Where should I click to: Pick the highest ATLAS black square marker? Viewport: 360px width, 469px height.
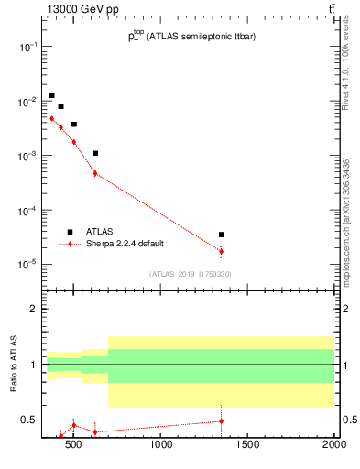click(52, 95)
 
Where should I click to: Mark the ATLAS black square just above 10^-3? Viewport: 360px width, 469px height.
click(95, 153)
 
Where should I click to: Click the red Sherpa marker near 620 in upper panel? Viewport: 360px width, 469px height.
click(95, 173)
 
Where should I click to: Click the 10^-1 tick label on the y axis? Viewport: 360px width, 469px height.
click(28, 47)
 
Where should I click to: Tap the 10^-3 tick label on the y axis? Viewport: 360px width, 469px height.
click(28, 156)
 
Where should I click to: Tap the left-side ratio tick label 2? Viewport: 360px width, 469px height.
click(33, 310)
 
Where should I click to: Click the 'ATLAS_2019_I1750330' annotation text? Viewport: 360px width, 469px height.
click(190, 274)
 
